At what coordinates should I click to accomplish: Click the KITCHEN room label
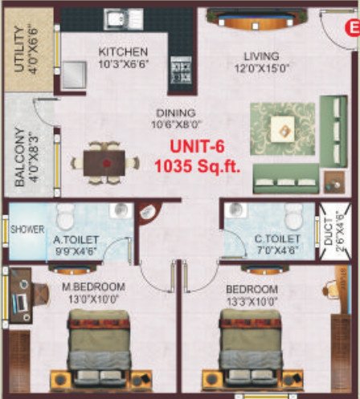click(123, 52)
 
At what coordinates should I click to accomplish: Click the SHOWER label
click(27, 229)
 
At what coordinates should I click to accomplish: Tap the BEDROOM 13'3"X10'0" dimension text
click(252, 300)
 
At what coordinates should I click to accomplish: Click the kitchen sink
click(124, 18)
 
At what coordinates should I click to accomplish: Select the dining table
click(104, 161)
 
